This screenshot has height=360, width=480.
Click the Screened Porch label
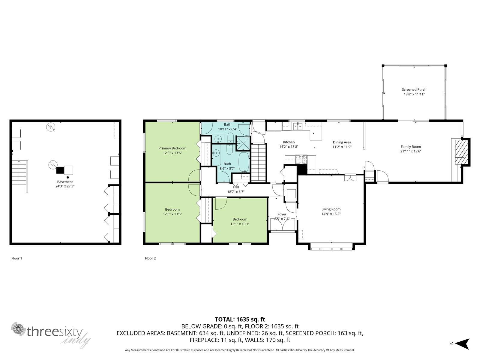[x=414, y=89]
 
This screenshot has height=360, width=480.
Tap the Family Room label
[x=411, y=147]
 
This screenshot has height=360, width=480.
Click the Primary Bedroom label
[x=172, y=148]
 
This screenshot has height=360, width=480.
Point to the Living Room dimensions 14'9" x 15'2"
[x=331, y=214]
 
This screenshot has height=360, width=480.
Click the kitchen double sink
[x=298, y=126]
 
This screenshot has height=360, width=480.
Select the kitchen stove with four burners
[x=301, y=159]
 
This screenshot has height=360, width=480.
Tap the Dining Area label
[x=342, y=142]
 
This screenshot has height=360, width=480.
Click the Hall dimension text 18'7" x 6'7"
[x=236, y=192]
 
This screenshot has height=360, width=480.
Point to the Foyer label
[x=282, y=214]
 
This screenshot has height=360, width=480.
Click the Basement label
[x=65, y=181]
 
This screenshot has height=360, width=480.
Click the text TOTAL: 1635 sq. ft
[x=240, y=319]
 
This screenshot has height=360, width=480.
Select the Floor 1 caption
[x=16, y=258]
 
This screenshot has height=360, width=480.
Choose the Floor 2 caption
[x=150, y=258]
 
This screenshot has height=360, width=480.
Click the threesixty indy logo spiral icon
[x=18, y=329]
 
